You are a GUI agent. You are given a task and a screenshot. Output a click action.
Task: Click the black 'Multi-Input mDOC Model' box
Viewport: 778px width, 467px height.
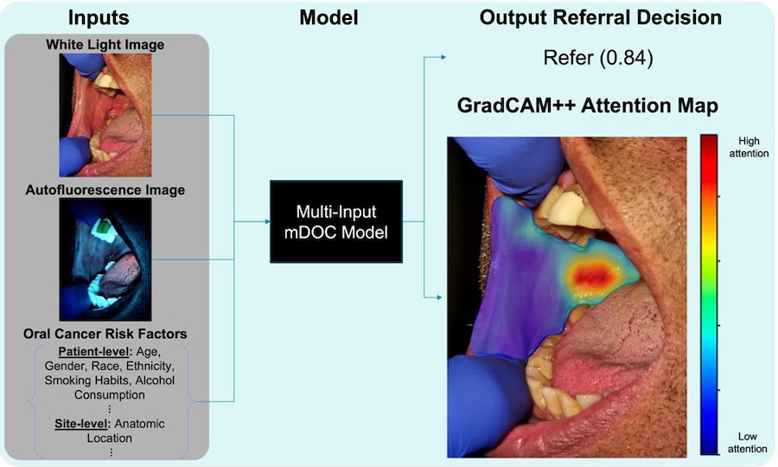(x=336, y=221)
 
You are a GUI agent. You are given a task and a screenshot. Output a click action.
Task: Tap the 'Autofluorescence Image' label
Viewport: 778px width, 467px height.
(x=105, y=189)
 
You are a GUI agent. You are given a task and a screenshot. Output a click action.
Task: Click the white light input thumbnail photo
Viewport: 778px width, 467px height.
(x=105, y=115)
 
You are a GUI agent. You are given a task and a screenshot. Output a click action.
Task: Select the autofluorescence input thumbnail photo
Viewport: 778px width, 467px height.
(x=105, y=259)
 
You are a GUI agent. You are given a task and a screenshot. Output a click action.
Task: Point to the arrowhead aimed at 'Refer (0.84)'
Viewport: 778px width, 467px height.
(x=443, y=58)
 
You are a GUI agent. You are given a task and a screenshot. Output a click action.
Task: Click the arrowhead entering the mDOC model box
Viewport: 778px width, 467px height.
(x=265, y=221)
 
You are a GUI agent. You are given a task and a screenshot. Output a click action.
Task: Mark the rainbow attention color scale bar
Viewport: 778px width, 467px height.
(x=708, y=294)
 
